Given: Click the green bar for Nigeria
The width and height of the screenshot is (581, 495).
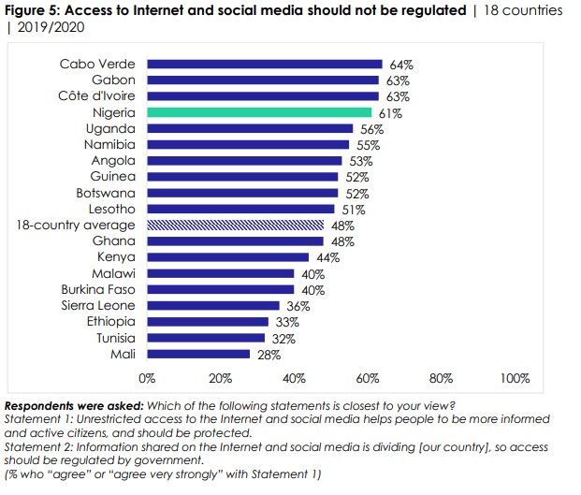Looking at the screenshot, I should (259, 112).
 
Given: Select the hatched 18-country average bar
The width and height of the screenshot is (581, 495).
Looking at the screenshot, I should (236, 226).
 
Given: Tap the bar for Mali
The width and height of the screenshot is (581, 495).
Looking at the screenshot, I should (198, 355).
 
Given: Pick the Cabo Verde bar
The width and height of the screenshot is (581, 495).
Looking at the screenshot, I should (265, 65).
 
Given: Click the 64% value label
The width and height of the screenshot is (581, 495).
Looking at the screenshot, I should (402, 65).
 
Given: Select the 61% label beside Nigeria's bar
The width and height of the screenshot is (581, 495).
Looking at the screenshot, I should (391, 113).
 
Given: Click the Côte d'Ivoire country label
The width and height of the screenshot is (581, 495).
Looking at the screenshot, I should (97, 96).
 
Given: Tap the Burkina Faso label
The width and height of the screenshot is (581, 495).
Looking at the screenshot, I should (98, 289).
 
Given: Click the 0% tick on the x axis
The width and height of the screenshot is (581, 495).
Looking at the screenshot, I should (147, 379).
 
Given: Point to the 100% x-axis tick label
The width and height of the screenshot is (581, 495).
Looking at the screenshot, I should (515, 379).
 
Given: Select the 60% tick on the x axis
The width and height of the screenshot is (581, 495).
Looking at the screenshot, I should (368, 379).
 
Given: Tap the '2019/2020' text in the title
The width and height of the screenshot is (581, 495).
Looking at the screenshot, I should (41, 28).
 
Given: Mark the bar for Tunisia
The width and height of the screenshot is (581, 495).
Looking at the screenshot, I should (206, 338).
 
